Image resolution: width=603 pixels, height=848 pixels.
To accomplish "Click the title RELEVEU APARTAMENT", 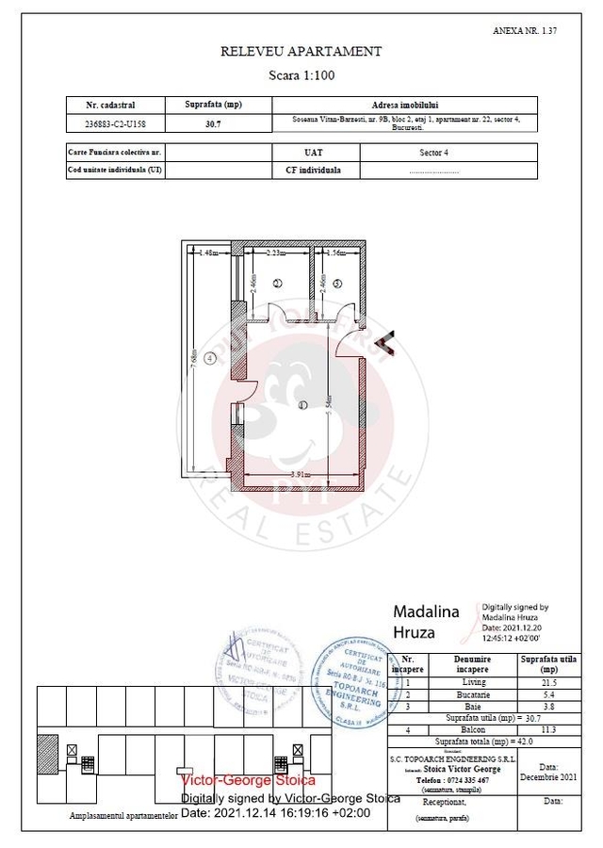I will click(301, 52).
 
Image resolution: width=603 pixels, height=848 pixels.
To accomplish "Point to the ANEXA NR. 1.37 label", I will click(525, 31).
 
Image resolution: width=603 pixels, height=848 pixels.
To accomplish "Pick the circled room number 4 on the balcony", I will click(211, 359).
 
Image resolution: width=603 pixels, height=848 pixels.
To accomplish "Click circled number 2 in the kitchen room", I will click(277, 283).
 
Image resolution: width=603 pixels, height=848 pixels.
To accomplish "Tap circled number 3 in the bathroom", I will click(336, 283).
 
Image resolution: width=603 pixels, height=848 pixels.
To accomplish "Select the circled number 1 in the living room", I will click(302, 405).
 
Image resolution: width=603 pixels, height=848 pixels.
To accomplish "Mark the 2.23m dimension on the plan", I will click(276, 253).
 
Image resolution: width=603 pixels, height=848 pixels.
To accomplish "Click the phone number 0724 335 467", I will click(468, 780).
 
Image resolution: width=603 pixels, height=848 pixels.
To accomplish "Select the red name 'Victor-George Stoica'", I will click(248, 780).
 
